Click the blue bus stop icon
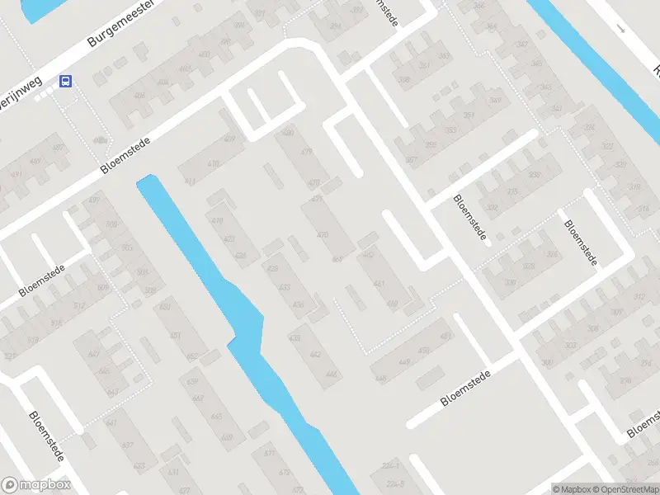point(65,81)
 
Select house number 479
point(307,151)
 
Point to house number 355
point(431,144)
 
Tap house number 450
point(424,351)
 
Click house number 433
point(285,288)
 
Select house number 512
point(79,305)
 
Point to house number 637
point(127,445)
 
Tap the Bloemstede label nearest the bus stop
point(125,154)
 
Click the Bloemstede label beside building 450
point(465,387)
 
